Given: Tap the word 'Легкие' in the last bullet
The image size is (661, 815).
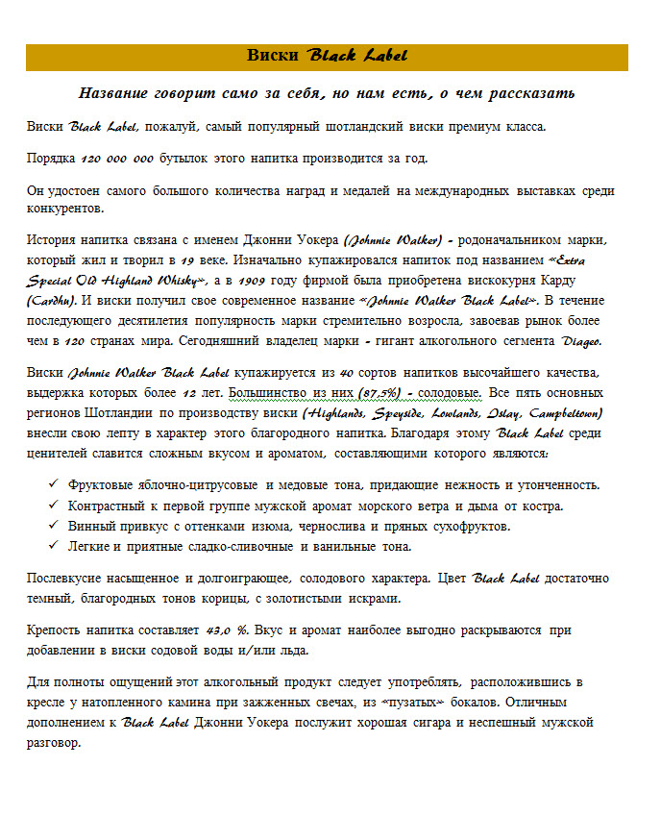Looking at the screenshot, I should click(93, 547).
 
